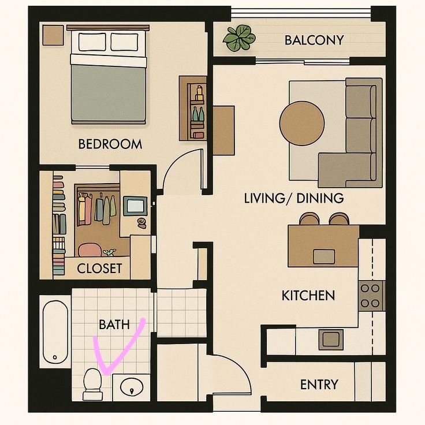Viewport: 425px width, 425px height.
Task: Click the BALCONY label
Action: coord(314,40)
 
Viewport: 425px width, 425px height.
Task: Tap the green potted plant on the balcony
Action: coord(239,38)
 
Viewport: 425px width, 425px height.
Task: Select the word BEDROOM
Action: coord(110,144)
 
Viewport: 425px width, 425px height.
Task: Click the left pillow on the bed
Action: coord(92,42)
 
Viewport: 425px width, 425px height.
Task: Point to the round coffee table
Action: coord(302,124)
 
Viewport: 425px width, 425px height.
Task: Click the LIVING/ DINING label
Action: coord(294,198)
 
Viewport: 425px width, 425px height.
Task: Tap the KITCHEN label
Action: coord(308,296)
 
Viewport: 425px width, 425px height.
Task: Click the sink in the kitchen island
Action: coord(324,257)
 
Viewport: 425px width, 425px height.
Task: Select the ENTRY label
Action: coord(319,385)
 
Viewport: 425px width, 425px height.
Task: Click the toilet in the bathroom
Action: coord(93,384)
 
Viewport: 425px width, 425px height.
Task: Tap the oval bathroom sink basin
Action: coord(132,387)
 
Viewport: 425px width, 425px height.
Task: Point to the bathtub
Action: coord(55,332)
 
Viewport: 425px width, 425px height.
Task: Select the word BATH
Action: coord(114,325)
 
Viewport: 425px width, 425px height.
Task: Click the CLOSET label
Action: coord(99,269)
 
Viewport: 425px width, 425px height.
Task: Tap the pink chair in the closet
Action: coord(90,250)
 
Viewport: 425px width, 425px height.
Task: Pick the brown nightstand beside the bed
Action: coord(53,35)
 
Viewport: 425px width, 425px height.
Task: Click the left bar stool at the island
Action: coord(310,219)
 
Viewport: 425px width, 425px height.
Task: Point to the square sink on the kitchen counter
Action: coord(331,340)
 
